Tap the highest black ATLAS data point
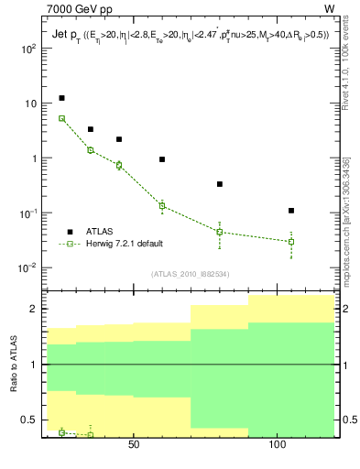coord(61,98)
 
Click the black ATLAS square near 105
coord(290,211)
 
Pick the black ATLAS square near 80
coord(220,184)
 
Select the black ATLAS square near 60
coord(162,159)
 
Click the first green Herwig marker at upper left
coord(61,118)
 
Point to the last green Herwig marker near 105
coord(290,242)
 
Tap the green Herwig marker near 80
coord(220,232)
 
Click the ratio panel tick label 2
coord(34,309)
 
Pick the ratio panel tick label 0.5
coord(29,420)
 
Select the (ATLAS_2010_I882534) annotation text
coord(191,274)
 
